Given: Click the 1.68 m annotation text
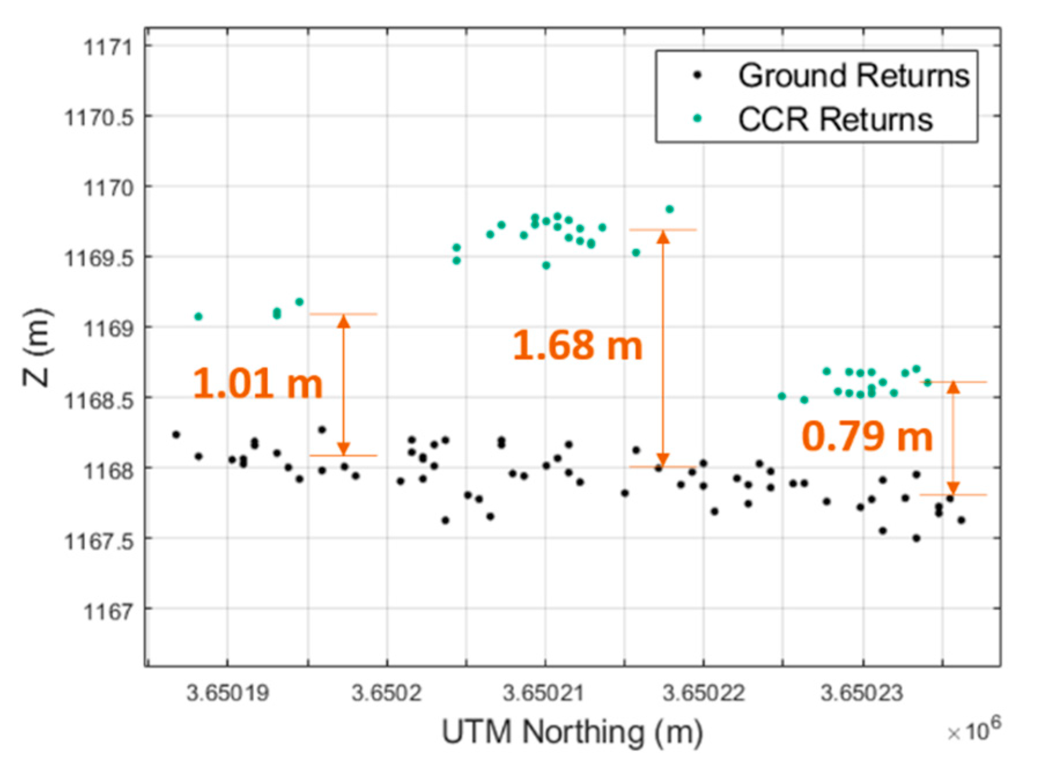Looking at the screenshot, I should click(577, 345).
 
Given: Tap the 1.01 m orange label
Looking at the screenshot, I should click(257, 383).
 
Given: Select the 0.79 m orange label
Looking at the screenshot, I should click(866, 436).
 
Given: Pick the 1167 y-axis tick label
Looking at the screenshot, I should click(108, 610).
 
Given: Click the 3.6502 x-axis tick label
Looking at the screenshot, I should click(386, 693).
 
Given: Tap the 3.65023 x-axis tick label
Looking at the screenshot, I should click(861, 693).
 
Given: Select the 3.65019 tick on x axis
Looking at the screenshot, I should click(228, 693).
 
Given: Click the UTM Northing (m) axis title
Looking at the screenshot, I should click(572, 732).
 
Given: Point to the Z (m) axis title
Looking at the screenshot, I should click(37, 347).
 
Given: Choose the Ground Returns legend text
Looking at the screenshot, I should click(853, 75).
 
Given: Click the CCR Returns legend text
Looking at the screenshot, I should click(835, 120).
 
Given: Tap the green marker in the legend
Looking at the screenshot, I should click(697, 119).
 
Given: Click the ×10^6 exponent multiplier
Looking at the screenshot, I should click(973, 730).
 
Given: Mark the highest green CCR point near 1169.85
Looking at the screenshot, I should click(669, 209).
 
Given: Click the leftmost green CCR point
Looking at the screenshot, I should click(198, 316).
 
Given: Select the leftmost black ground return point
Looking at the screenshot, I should click(176, 434).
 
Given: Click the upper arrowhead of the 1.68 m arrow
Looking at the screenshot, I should click(663, 236).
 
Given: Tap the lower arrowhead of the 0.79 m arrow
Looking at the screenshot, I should click(953, 488).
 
